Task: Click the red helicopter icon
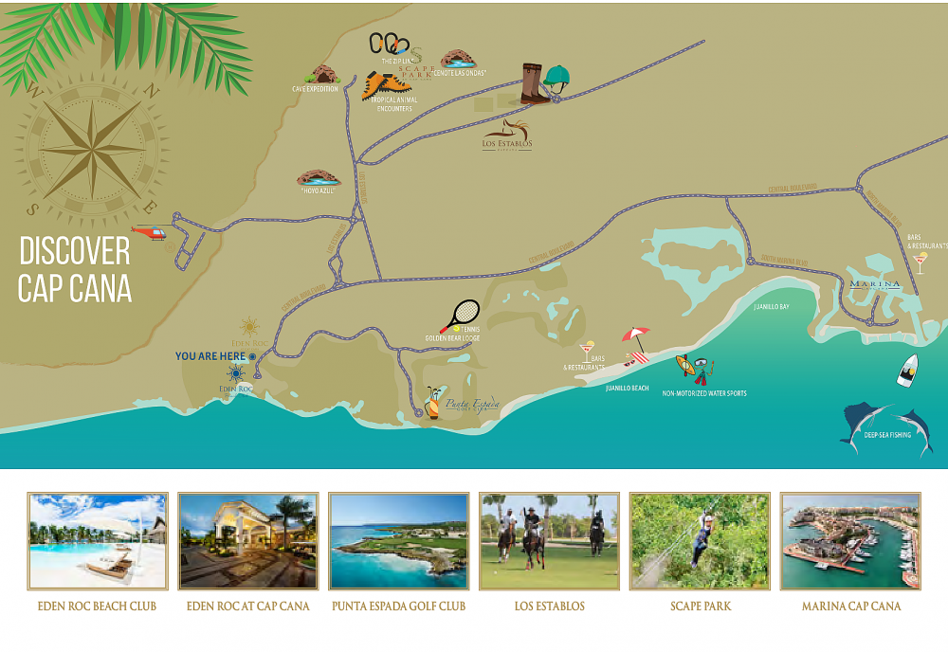click(x=149, y=231)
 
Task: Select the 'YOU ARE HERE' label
click(x=210, y=356)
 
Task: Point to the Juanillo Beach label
click(x=628, y=388)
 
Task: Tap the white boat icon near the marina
click(x=907, y=370)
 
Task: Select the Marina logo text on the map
click(x=874, y=284)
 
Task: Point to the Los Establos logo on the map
click(x=507, y=136)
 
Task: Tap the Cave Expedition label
click(x=315, y=89)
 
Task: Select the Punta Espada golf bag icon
click(x=432, y=402)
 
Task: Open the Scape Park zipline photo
click(x=700, y=541)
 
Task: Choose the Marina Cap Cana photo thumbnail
click(x=850, y=541)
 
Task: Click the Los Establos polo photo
click(x=549, y=541)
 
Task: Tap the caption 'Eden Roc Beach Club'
click(x=98, y=606)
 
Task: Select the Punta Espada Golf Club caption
click(x=398, y=606)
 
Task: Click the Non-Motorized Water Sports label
click(x=703, y=392)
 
